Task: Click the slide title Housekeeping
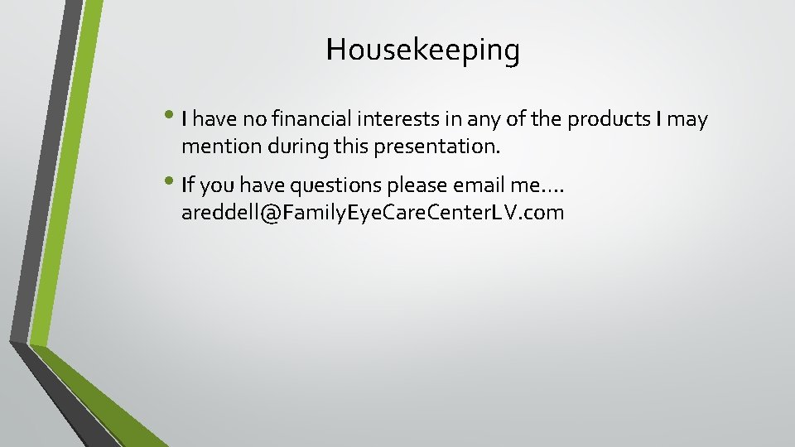tap(423, 50)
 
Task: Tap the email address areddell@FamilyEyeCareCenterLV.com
tap(373, 213)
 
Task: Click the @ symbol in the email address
tap(269, 214)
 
